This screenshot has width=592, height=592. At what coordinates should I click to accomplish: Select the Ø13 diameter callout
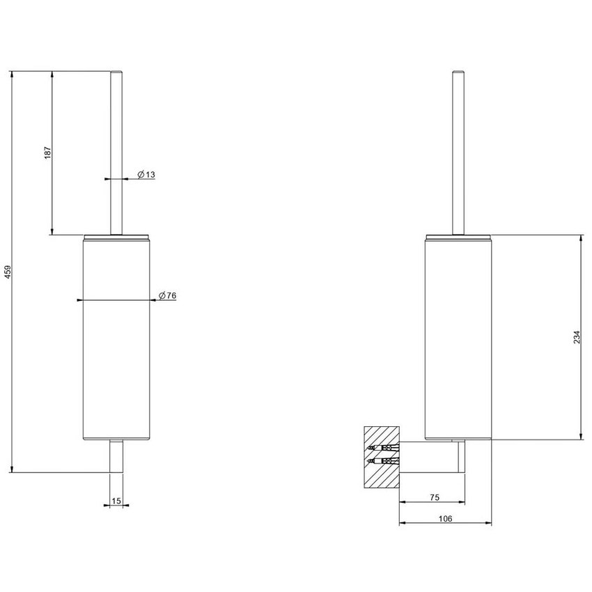[x=146, y=175]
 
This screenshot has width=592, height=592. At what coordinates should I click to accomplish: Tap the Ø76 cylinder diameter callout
[x=167, y=296]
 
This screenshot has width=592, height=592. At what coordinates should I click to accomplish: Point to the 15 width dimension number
[x=116, y=500]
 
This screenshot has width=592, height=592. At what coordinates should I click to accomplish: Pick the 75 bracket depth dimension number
[x=433, y=497]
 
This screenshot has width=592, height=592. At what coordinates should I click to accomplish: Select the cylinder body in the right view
[x=458, y=334]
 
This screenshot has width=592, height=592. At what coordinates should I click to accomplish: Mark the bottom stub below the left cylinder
[x=116, y=456]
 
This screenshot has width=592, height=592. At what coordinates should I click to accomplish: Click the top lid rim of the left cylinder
[x=116, y=237]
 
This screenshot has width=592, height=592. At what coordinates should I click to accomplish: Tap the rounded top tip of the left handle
[x=116, y=72]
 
